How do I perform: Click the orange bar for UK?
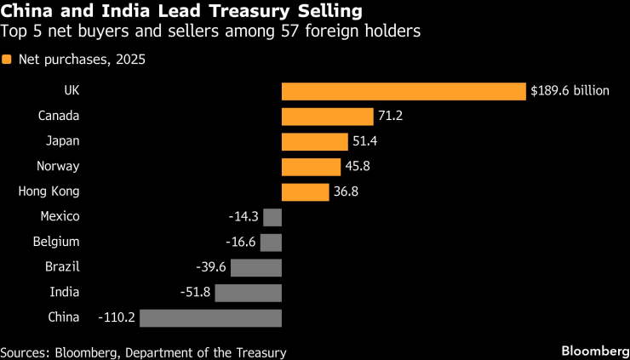tap(404, 91)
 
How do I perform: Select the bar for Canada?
tap(327, 117)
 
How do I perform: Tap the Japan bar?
tap(314, 142)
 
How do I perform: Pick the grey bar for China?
tap(210, 317)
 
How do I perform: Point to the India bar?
tap(248, 293)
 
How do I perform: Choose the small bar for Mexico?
tap(272, 217)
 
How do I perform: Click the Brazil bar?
tap(255, 267)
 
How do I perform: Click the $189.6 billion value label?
tap(570, 91)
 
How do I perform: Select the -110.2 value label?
tap(117, 317)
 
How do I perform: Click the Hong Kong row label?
tap(49, 191)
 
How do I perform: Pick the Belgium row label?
tap(55, 242)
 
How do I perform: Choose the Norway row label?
tap(58, 166)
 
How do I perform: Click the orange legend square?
tap(8, 60)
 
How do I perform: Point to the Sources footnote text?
tap(143, 352)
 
